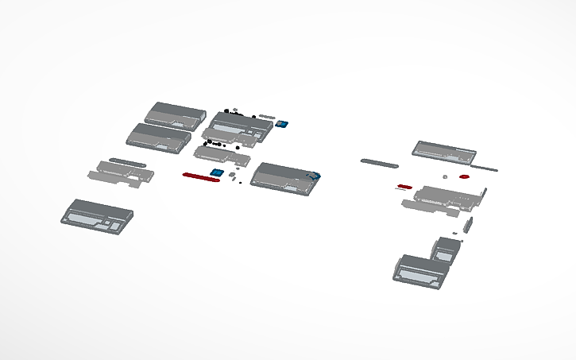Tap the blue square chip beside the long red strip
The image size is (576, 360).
(x=215, y=172)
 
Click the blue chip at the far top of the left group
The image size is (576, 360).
(x=280, y=125)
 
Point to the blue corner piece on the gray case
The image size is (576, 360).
(x=315, y=176)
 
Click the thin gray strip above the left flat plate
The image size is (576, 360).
(x=127, y=161)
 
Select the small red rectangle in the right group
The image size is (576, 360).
(x=404, y=187)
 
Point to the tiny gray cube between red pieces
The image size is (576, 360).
(x=446, y=176)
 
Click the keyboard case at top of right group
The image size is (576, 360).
(x=443, y=150)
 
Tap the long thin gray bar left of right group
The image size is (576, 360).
(x=379, y=162)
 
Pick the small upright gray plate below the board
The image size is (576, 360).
(x=468, y=224)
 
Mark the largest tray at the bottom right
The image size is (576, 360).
(x=420, y=270)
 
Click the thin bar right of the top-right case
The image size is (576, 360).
(x=485, y=168)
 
